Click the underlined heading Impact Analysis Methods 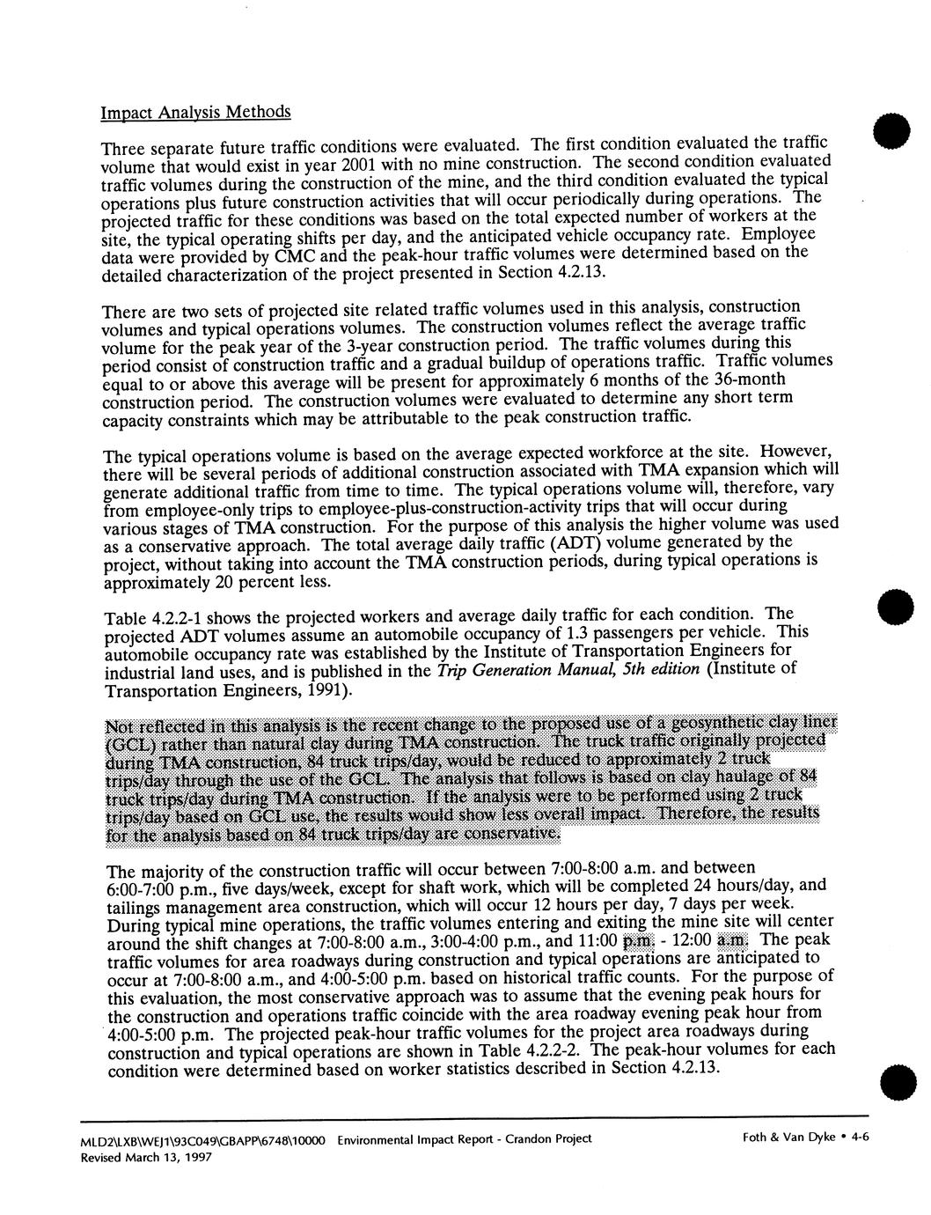click(195, 113)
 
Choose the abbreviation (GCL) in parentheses click(128, 743)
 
